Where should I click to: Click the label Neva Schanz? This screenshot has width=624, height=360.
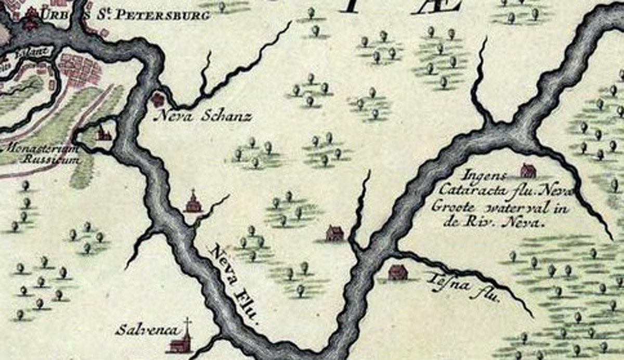point(203,117)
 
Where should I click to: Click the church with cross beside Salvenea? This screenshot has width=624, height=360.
point(183,340)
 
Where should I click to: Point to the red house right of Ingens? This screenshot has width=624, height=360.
point(528,170)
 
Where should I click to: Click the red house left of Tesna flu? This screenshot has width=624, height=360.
point(398,272)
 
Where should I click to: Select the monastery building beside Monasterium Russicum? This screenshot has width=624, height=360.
point(104,134)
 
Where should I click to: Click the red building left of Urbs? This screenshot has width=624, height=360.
point(31,19)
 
